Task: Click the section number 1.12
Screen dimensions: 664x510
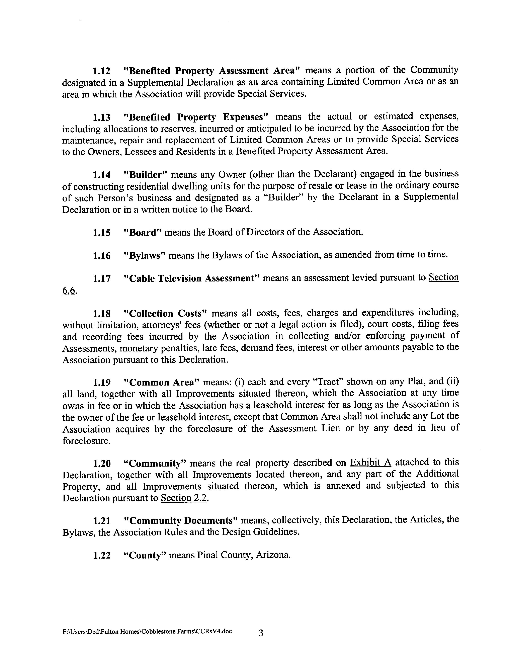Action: coord(101,71)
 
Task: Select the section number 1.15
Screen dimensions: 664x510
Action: coord(101,233)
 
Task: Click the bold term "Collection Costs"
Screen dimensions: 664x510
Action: coord(165,313)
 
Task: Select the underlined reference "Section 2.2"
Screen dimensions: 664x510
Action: coord(184,498)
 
